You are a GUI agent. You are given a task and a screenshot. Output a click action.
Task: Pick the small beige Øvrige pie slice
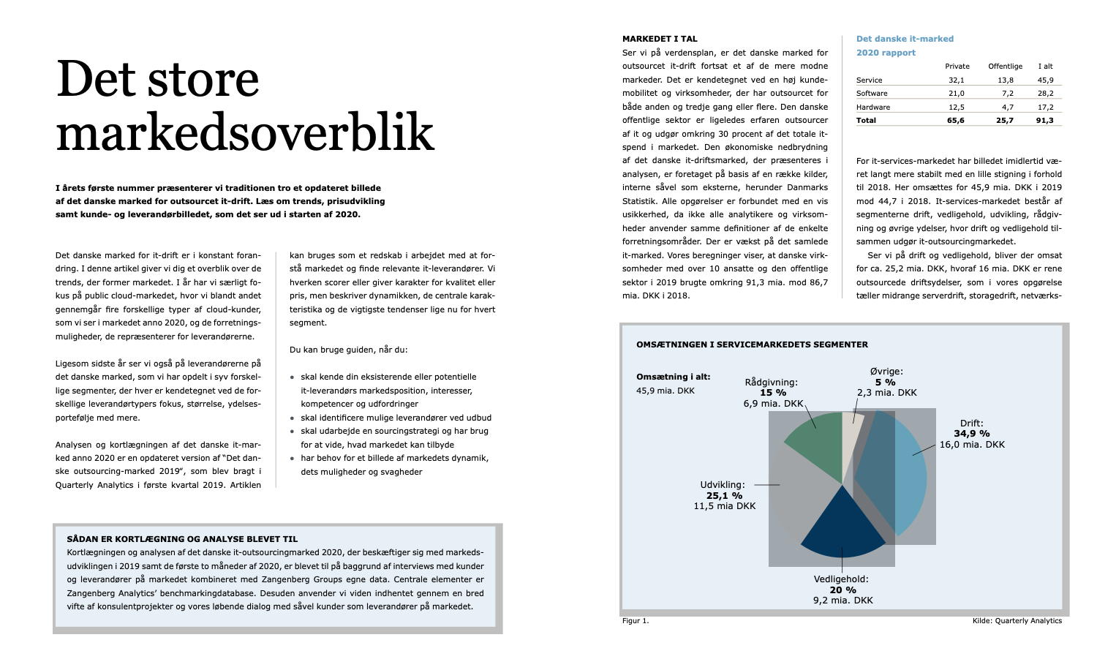coord(851,428)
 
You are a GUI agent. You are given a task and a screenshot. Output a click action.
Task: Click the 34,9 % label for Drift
coord(971,434)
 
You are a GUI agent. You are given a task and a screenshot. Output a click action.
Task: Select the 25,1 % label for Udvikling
coord(724,495)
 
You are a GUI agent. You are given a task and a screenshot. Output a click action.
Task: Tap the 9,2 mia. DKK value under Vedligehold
coord(842,601)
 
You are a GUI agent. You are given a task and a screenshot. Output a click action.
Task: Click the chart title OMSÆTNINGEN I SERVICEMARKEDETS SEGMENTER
coord(752,345)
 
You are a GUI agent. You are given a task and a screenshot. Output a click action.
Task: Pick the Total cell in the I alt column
coord(1044,120)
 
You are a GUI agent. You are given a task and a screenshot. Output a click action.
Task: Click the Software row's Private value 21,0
coord(956,93)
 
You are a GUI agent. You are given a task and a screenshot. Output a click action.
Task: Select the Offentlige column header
coord(1005,66)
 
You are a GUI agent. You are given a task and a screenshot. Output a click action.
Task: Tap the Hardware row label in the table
coord(873,107)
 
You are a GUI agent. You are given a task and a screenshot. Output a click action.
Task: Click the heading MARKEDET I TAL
coord(660,39)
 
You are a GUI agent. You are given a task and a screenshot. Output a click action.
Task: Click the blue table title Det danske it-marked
coord(905,39)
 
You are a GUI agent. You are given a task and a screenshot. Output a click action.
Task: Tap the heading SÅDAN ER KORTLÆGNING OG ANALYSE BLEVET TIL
coord(182,539)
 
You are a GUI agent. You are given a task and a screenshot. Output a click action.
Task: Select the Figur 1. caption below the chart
coord(636,621)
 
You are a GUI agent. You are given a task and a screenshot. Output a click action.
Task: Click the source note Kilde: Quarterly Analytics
coord(1017,621)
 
